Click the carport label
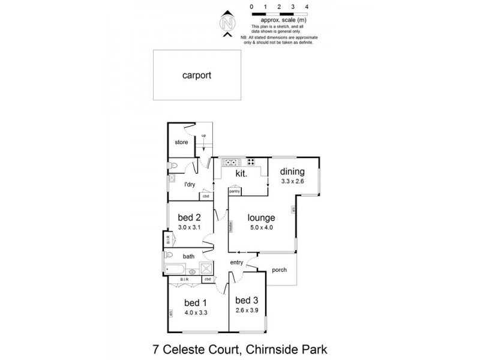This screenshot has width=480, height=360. click(x=197, y=76)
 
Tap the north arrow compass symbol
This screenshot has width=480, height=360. click(x=227, y=24)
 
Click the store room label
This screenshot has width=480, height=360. click(x=181, y=142)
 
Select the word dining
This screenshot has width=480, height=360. click(x=293, y=171)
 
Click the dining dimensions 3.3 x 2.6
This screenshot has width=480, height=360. click(x=293, y=181)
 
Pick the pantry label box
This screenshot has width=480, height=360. click(x=235, y=191)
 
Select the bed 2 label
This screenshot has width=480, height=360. click(x=189, y=217)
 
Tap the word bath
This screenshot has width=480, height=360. click(x=189, y=257)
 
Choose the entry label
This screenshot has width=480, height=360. click(x=235, y=262)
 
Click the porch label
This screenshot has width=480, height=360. click(x=279, y=269)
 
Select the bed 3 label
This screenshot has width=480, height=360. click(x=246, y=300)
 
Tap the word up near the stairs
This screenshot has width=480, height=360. click(x=203, y=136)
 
